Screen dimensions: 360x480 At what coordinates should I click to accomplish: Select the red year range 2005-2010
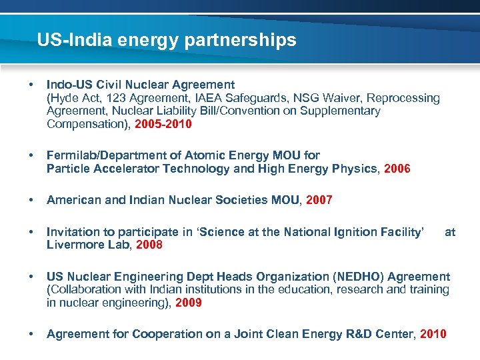tap(163, 124)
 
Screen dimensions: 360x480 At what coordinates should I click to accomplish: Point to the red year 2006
tap(397, 169)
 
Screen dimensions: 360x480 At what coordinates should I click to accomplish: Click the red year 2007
tap(319, 200)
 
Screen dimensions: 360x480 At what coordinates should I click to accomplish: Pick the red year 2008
tap(149, 245)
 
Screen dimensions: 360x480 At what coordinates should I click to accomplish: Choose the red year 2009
tap(189, 303)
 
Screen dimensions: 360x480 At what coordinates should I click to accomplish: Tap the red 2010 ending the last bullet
tap(433, 334)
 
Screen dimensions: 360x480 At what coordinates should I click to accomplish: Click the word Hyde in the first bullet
tap(63, 98)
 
